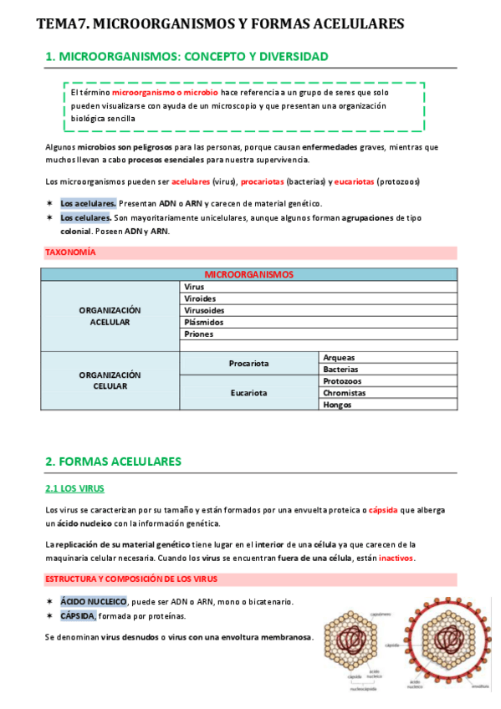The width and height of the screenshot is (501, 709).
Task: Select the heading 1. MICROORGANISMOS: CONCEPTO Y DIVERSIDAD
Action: point(187,57)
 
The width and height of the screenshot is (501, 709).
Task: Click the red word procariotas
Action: point(262,181)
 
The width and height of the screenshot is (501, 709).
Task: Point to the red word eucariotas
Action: point(348,181)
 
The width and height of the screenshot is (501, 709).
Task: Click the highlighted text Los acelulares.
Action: point(88,203)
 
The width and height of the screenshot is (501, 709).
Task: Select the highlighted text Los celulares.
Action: point(85,217)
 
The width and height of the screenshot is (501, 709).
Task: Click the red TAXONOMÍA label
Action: point(69,252)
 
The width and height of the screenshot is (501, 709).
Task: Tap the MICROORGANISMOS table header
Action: point(248,273)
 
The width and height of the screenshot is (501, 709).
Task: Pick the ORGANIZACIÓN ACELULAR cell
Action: point(110,315)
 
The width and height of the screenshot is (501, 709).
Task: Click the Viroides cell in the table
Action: point(199,298)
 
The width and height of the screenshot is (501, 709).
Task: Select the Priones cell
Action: point(198,334)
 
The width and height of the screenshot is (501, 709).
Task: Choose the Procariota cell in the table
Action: point(248,364)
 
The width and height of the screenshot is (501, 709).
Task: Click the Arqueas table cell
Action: point(340,357)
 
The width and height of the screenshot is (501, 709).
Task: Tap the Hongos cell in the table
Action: point(338,405)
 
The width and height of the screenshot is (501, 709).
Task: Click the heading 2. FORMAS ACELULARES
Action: point(113,461)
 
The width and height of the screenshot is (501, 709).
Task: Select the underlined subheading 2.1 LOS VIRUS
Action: point(74,488)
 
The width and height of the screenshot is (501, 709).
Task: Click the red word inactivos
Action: point(396,558)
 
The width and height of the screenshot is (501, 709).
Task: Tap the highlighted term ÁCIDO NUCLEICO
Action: point(94,602)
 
